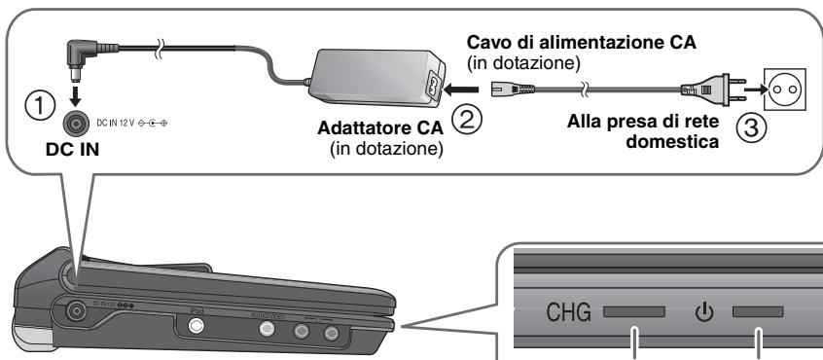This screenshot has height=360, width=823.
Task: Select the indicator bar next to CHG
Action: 634,314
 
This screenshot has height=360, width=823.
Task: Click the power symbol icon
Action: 703,314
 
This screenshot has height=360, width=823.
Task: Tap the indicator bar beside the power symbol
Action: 758,314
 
